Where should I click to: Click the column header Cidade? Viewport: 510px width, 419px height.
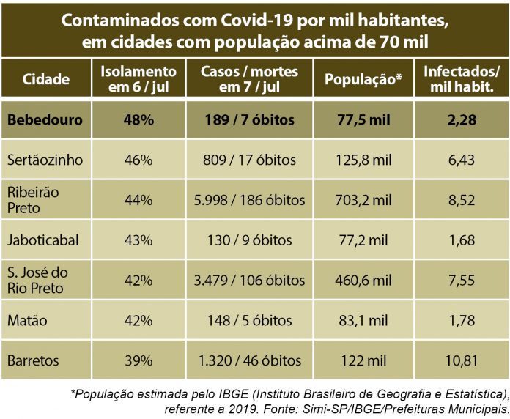click(46, 80)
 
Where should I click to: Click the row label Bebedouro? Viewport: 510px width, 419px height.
click(45, 119)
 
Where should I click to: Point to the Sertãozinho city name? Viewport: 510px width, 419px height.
click(45, 159)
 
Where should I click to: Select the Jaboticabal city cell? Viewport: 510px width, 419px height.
click(42, 240)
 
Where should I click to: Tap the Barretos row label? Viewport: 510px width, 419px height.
click(34, 360)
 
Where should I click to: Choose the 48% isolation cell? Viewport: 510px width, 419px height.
click(138, 119)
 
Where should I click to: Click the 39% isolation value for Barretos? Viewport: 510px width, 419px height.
click(138, 360)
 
